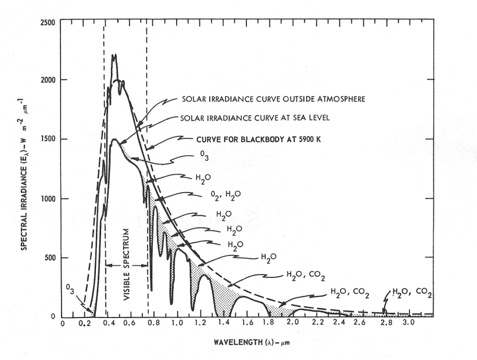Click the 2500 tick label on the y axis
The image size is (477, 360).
(47, 22)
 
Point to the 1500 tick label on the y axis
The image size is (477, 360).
(47, 139)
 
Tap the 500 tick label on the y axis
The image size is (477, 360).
(49, 258)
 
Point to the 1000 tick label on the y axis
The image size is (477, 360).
(47, 199)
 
